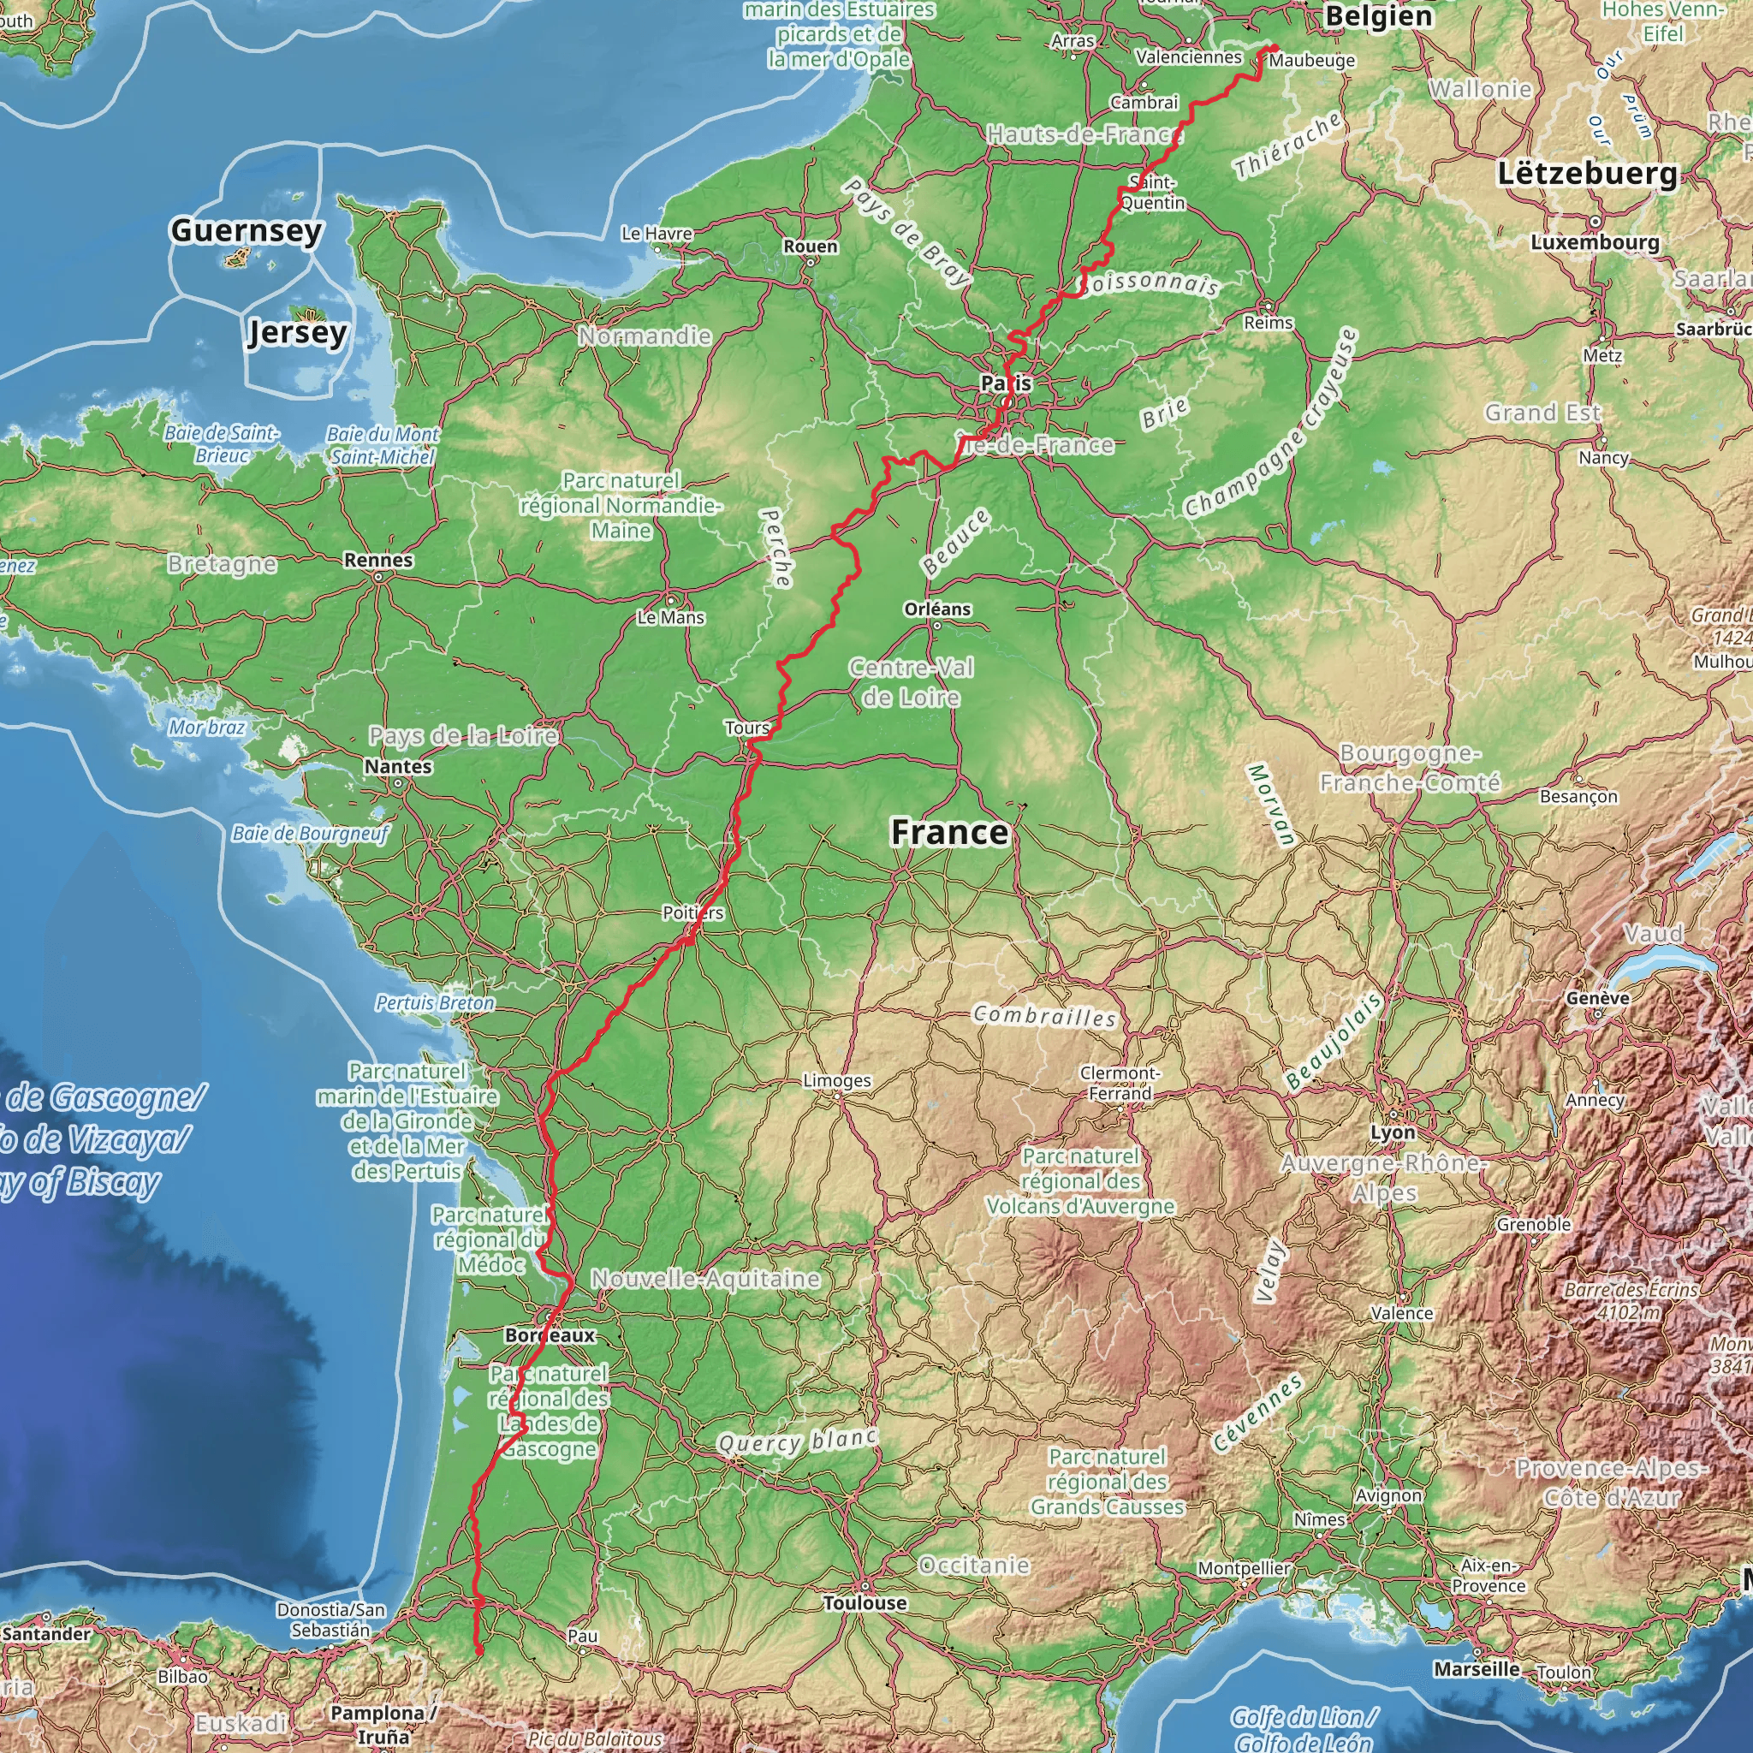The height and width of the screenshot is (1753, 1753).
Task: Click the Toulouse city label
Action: [x=864, y=1603]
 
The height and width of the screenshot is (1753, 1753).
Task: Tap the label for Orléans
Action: [x=937, y=609]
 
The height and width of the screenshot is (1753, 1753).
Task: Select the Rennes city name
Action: [x=378, y=560]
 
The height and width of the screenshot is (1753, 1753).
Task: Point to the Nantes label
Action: [x=398, y=766]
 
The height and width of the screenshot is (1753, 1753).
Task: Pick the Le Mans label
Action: [x=670, y=617]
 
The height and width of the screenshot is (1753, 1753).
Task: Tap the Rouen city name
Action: [x=811, y=246]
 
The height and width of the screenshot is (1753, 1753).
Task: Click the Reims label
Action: [x=1268, y=322]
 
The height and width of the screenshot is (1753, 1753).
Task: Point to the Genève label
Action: [x=1597, y=997]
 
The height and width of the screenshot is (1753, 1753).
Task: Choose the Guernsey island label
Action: [x=246, y=230]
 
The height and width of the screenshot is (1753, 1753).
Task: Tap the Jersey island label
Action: [x=297, y=332]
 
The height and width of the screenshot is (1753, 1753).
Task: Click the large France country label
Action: [x=949, y=831]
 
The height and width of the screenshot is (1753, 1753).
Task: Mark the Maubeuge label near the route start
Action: [x=1312, y=61]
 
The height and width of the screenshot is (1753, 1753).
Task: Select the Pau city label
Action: [x=583, y=1635]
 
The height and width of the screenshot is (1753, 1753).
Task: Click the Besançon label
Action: [x=1578, y=796]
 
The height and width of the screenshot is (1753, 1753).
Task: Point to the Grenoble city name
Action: [x=1533, y=1224]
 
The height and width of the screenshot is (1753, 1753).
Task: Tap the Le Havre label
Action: [x=657, y=233]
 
